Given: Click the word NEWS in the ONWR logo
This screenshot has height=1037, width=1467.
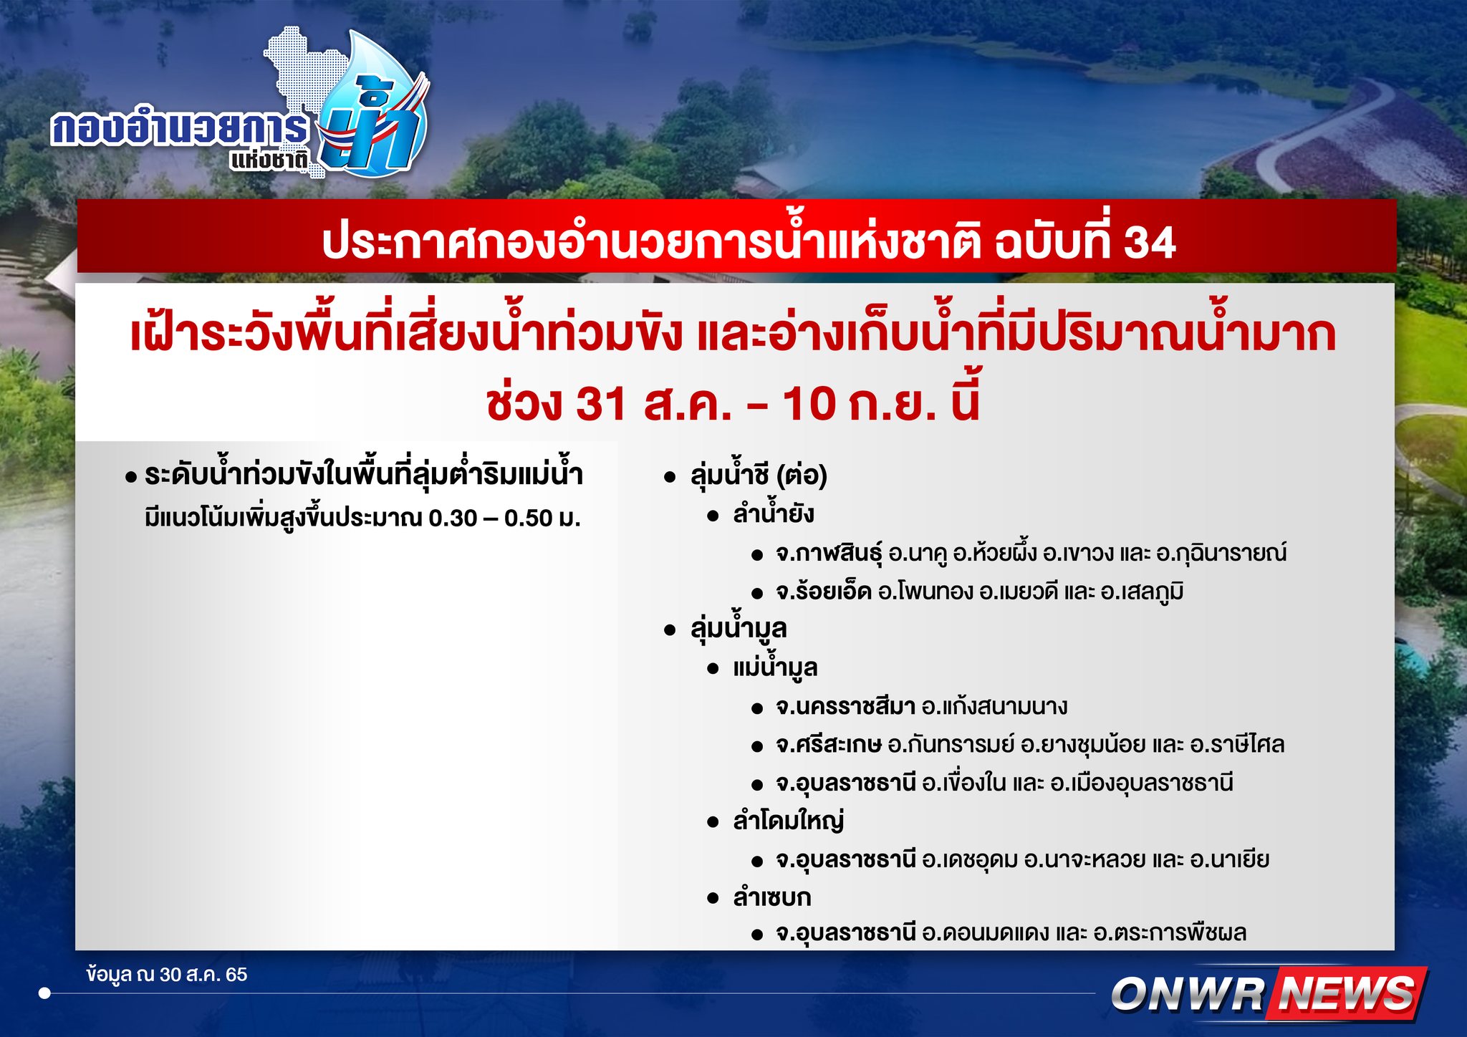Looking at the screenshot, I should pyautogui.click(x=1347, y=994).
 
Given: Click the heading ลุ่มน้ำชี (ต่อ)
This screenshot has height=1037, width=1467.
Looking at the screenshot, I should pyautogui.click(x=759, y=476).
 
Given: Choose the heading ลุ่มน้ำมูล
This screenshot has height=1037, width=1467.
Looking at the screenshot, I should pyautogui.click(x=739, y=629).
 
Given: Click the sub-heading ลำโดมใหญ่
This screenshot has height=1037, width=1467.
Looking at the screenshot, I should pyautogui.click(x=788, y=821).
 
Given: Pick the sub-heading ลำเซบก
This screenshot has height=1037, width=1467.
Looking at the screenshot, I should pyautogui.click(x=771, y=897).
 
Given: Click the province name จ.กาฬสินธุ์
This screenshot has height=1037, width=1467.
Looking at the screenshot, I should pyautogui.click(x=829, y=554).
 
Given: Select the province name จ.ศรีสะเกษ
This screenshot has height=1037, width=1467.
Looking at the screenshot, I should pyautogui.click(x=828, y=745).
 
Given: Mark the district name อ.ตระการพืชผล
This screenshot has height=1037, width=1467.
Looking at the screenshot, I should pyautogui.click(x=1170, y=933).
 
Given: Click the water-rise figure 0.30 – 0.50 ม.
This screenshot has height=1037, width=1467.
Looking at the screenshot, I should pyautogui.click(x=504, y=518).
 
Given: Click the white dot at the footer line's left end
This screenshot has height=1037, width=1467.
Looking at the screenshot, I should pyautogui.click(x=44, y=993).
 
